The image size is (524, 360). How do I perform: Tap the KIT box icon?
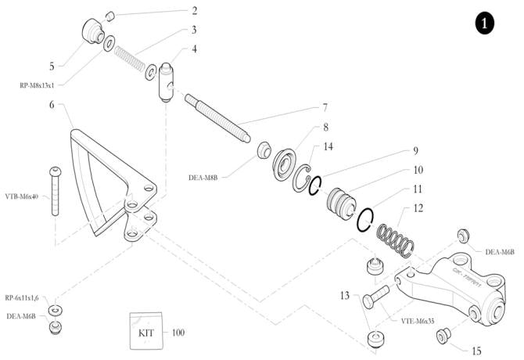coord(145,333)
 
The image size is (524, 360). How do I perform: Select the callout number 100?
coord(178,333)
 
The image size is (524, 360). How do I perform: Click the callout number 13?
coord(344,296)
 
